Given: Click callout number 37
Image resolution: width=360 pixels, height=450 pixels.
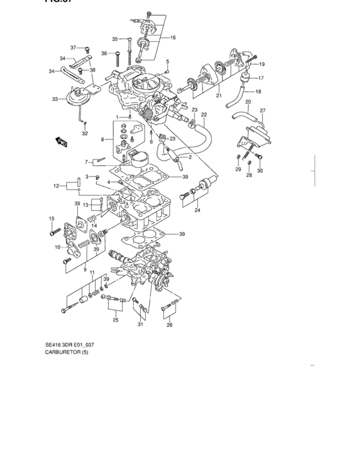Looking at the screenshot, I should coord(73,48).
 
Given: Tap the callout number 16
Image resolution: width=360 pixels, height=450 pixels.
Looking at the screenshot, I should coord(172,38).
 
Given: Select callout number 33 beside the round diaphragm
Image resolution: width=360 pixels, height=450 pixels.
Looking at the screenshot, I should coord(55,99).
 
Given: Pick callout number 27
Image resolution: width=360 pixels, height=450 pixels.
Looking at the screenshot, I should coord(262,111).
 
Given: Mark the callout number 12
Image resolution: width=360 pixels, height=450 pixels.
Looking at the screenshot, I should coord(57,186).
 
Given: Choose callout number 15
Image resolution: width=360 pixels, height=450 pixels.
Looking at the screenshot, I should coord(50,219).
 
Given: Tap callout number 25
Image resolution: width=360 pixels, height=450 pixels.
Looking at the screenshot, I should coord(116,319).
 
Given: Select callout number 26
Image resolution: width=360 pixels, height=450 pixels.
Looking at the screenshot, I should coord(170,325).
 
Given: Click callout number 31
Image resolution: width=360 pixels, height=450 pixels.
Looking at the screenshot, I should coord(140,324).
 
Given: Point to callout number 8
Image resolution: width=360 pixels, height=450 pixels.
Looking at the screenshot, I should coord(102,139).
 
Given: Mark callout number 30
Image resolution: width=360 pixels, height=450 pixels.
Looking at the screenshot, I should coord(260,170).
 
